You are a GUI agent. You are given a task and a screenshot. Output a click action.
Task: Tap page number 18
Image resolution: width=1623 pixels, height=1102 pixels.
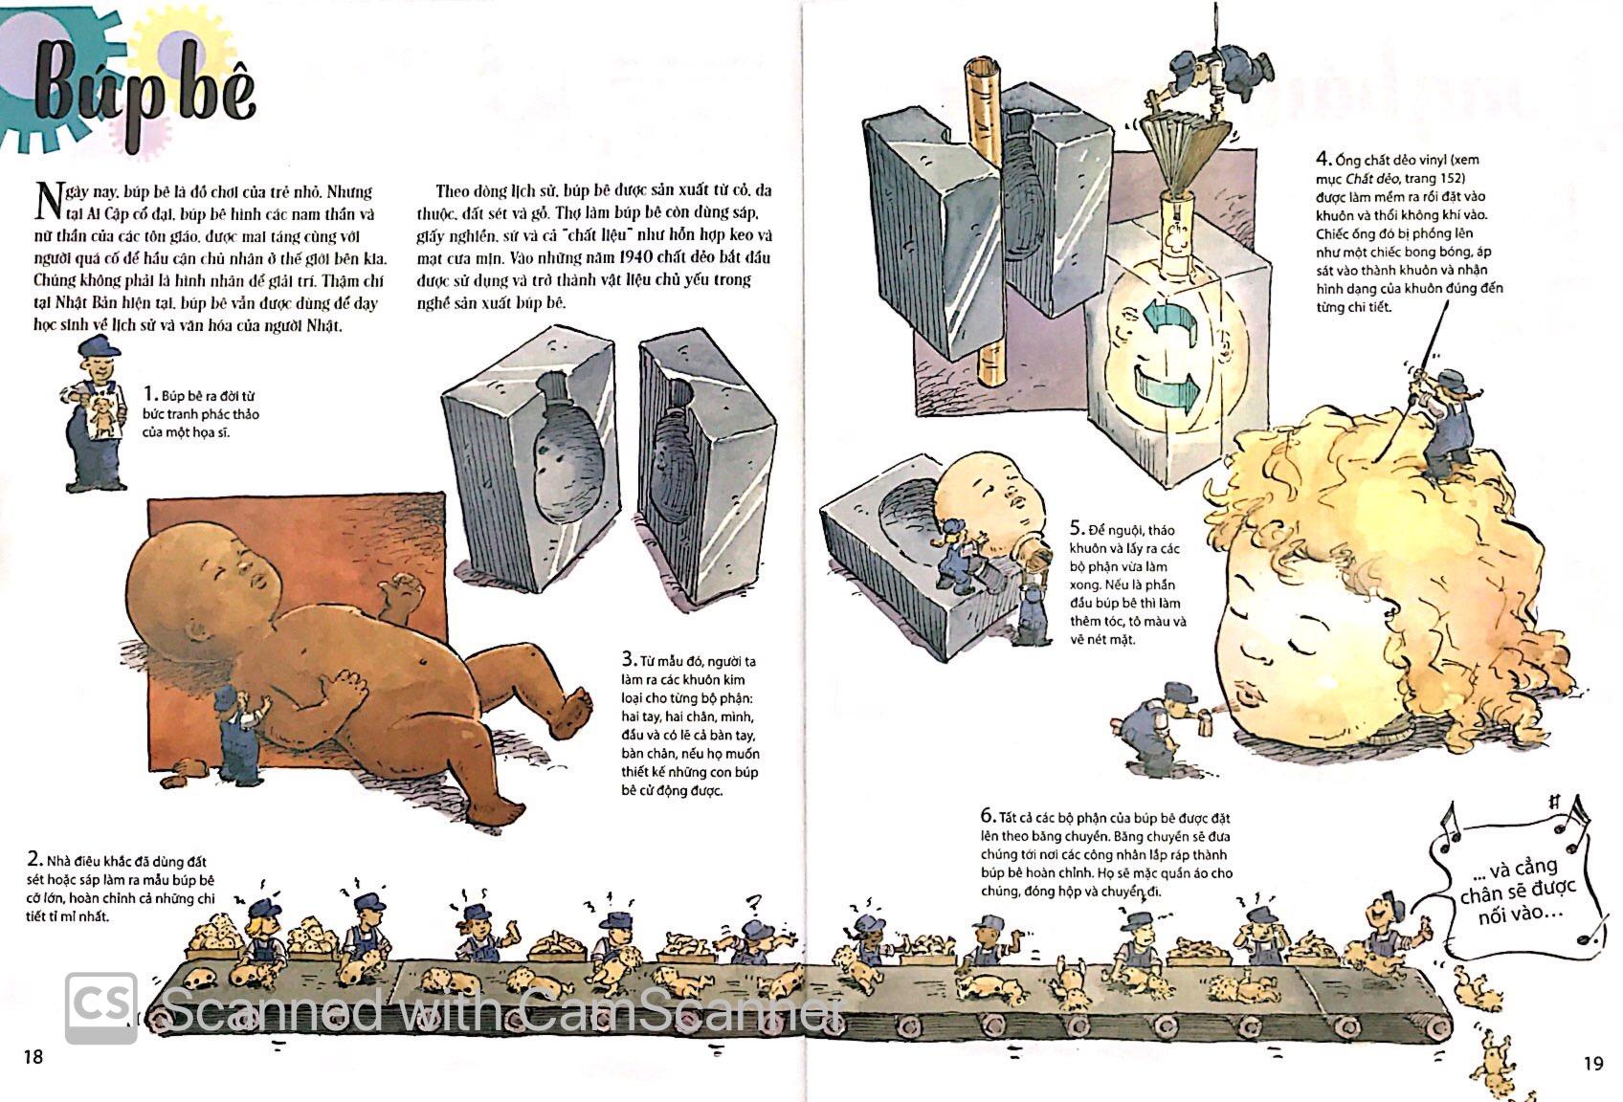point(33,1056)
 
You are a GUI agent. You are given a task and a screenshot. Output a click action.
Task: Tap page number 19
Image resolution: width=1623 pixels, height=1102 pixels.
point(1592,1063)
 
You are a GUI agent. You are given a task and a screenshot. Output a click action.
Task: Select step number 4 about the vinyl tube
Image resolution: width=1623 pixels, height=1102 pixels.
point(1324,159)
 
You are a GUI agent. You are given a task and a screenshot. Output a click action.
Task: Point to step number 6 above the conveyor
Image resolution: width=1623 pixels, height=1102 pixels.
point(989,815)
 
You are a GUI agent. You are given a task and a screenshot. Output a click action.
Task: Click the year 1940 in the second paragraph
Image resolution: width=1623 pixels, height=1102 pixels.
point(640,257)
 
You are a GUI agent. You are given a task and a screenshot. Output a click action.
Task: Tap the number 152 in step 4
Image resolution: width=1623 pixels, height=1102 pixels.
point(1445,178)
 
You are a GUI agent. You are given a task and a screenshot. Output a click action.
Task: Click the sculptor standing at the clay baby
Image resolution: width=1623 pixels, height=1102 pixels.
point(237,731)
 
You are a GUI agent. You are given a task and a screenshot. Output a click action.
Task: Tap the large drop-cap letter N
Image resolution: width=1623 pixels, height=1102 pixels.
point(49,202)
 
